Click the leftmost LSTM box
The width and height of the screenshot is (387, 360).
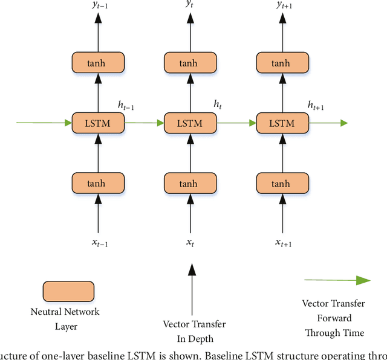pos(97,123)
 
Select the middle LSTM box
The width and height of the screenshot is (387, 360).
pos(190,123)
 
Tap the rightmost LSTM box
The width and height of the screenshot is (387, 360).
pos(281,123)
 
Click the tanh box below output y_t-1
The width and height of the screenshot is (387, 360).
pos(97,62)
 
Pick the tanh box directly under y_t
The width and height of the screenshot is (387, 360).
pos(190,62)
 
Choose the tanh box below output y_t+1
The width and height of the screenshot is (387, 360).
pos(281,62)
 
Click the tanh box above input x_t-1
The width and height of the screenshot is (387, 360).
pos(97,183)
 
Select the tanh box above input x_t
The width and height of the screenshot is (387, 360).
pos(190,183)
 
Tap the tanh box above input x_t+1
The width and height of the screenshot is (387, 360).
pos(281,183)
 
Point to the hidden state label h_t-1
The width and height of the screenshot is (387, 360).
pos(126,106)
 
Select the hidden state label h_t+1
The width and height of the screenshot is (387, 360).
pos(316,106)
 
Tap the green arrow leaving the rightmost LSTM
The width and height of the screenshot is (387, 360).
pos(327,123)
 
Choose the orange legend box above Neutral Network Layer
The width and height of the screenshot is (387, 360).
pos(68,292)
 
